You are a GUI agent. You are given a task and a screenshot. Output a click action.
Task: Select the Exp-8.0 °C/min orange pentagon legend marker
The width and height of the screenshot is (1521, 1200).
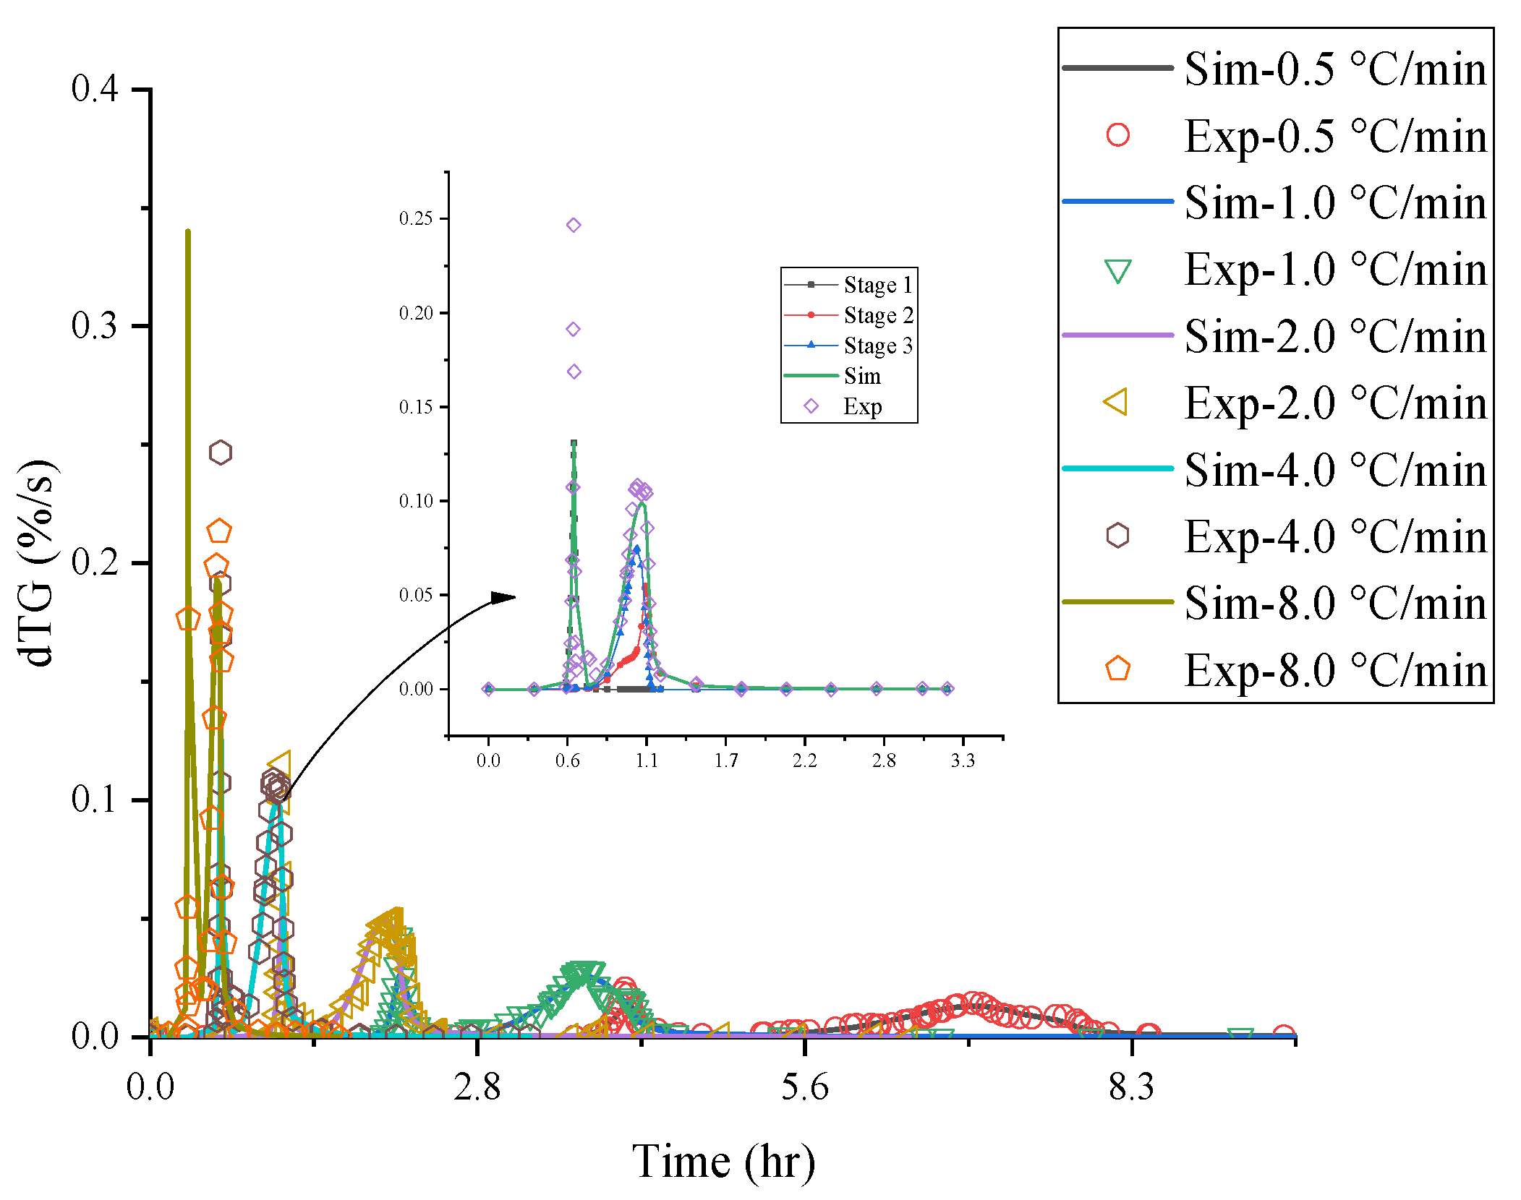pos(1117,669)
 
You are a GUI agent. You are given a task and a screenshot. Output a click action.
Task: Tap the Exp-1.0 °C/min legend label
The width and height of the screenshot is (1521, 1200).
pos(1334,270)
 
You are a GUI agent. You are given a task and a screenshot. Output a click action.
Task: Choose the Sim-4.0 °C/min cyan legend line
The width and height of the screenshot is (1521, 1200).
pos(1117,468)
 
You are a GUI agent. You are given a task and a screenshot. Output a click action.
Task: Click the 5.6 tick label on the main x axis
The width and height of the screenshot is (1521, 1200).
pos(804,1087)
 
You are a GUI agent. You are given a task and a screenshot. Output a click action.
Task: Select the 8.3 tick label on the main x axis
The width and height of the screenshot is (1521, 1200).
pos(1131,1087)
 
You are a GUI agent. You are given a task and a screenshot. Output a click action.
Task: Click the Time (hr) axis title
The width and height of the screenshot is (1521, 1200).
pos(723,1162)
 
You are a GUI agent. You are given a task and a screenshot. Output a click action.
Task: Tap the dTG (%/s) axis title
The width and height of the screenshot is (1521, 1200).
pos(36,562)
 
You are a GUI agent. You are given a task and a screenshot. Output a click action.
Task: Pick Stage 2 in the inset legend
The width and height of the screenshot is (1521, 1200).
pos(878,315)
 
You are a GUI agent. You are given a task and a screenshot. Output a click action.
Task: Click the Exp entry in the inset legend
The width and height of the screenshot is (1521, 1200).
pos(862,406)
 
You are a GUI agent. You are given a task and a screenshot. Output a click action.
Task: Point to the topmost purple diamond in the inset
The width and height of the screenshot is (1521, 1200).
pos(574,225)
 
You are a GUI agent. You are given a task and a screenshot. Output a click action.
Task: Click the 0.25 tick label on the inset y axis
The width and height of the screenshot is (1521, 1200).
pos(416,218)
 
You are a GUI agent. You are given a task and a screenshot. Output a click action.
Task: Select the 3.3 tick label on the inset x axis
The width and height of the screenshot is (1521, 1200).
pos(963,760)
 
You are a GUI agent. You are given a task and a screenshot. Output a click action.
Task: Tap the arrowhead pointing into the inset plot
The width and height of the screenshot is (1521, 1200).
pos(505,597)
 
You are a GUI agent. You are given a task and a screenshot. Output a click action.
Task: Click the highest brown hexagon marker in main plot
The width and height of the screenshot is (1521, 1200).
pos(221,453)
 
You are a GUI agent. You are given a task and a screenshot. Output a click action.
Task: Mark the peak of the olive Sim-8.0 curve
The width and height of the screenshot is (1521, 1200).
pos(188,231)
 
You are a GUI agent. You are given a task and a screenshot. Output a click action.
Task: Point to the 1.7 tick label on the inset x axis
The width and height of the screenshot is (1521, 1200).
pos(726,760)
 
